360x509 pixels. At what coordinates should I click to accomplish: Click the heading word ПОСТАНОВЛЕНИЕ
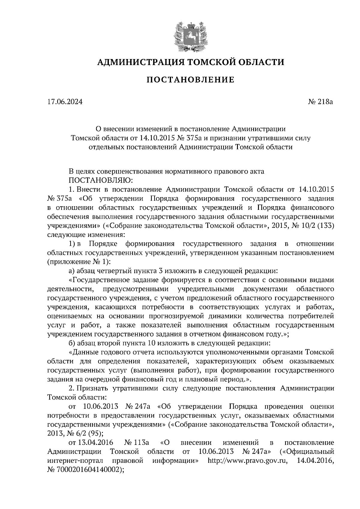(x=190, y=80)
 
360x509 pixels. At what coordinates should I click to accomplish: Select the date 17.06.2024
(x=64, y=102)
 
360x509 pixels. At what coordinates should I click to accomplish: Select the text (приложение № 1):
(x=79, y=262)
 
